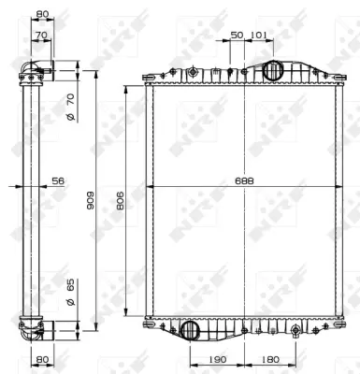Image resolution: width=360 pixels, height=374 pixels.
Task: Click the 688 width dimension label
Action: coord(245,180)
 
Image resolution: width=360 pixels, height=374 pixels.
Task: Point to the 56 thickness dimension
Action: coord(57,181)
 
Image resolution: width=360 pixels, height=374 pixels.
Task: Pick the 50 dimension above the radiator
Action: coord(237,35)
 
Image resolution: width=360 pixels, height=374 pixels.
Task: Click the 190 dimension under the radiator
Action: coord(216,357)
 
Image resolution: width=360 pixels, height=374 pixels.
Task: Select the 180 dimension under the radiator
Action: coord(271,357)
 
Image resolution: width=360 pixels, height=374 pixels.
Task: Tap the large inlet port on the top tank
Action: coord(273,71)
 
